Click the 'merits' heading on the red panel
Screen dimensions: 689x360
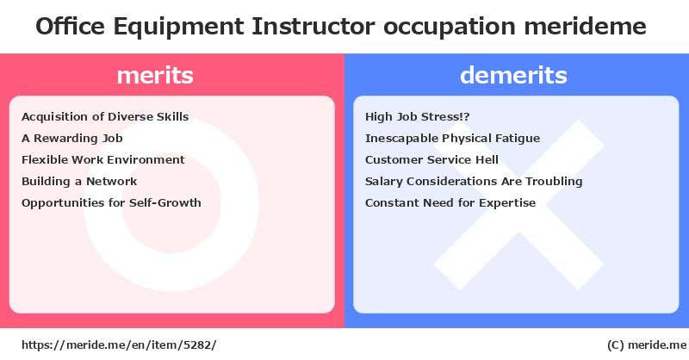tap(155, 75)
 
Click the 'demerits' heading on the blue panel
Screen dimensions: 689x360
tap(513, 75)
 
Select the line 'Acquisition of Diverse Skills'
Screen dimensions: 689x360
tap(105, 117)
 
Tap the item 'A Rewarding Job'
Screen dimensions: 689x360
tap(72, 139)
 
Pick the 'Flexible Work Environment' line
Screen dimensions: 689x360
tap(103, 160)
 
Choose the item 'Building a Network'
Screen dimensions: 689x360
tap(79, 182)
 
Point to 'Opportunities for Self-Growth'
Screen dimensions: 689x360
tap(111, 203)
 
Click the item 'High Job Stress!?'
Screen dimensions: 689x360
tap(418, 117)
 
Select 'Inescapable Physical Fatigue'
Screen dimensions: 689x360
tap(453, 139)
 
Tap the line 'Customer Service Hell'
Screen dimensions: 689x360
tap(432, 160)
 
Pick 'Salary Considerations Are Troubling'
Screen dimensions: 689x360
tap(474, 182)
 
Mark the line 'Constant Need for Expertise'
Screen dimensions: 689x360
tap(450, 203)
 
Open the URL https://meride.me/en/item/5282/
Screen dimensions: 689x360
tap(119, 345)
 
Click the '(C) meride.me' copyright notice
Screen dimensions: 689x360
tap(647, 345)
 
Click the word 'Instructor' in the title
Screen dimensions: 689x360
tap(313, 27)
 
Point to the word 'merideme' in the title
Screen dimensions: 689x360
tap(586, 27)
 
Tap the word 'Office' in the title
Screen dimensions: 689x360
tap(71, 27)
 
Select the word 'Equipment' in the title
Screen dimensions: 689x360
tap(178, 28)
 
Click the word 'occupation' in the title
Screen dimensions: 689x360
tap(450, 28)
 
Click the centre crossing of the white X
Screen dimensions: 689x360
tap(519, 205)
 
